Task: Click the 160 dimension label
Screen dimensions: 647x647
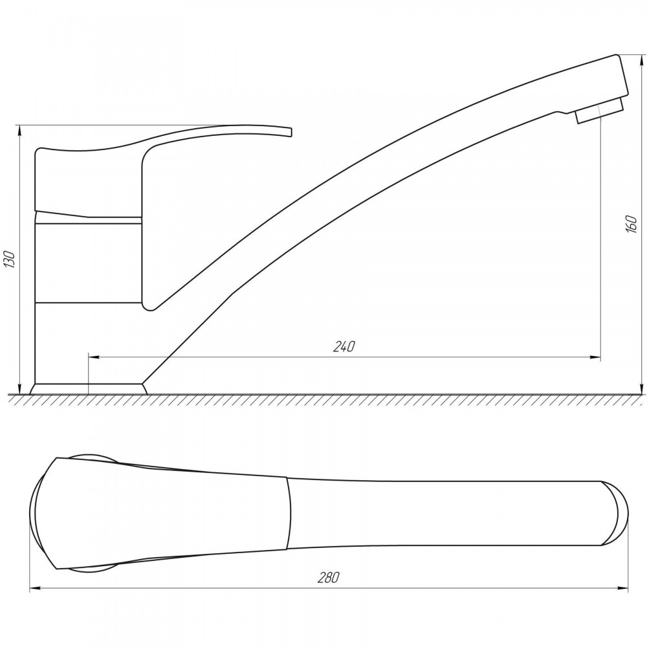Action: pyautogui.click(x=631, y=224)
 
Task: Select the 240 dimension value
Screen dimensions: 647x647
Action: pyautogui.click(x=344, y=346)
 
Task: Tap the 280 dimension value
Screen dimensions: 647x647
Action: pyautogui.click(x=329, y=578)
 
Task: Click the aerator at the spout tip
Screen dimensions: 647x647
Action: pyautogui.click(x=599, y=109)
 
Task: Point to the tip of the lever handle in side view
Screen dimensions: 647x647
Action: pyautogui.click(x=291, y=131)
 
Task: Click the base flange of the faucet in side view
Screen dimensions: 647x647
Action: pyautogui.click(x=89, y=389)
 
